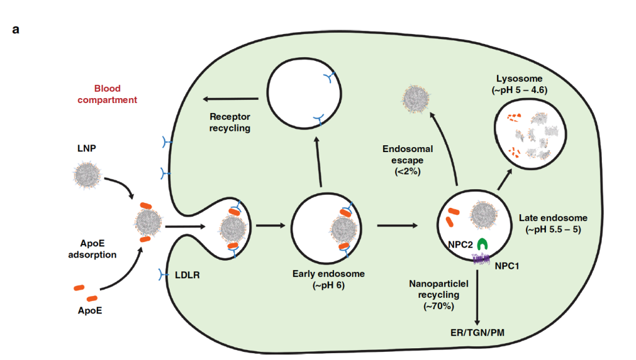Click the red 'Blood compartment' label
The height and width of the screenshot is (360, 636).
116,94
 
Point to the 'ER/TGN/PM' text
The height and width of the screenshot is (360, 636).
476,333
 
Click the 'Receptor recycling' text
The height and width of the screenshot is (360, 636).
230,122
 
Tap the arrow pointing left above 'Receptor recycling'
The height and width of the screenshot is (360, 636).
227,99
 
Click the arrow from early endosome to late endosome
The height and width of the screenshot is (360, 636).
401,224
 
